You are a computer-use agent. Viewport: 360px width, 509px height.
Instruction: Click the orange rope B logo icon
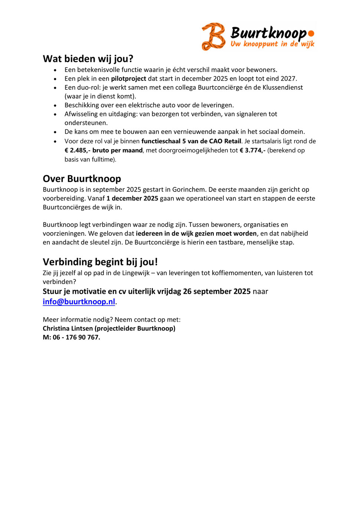click(x=213, y=36)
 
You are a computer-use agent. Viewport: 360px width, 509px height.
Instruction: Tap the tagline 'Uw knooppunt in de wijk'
click(x=272, y=44)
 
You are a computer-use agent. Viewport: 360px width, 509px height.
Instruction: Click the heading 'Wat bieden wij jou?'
click(x=88, y=59)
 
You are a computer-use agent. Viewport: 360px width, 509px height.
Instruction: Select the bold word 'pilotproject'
click(x=128, y=79)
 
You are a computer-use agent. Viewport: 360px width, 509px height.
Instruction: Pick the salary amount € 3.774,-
click(x=252, y=150)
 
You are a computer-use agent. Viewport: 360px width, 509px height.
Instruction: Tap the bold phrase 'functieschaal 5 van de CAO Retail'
click(x=191, y=141)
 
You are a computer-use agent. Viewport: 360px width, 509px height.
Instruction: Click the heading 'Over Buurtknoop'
click(x=82, y=179)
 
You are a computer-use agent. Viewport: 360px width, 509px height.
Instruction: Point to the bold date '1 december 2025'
click(x=132, y=198)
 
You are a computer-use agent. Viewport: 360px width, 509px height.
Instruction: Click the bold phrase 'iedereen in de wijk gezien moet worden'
click(x=196, y=233)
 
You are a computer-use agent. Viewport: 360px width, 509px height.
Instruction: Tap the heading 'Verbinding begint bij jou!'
click(x=100, y=262)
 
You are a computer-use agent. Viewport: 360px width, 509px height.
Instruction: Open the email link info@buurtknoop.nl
click(x=79, y=302)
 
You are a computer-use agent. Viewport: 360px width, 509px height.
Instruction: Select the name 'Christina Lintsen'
click(x=68, y=328)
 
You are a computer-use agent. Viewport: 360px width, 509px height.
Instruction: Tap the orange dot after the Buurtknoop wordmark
click(x=311, y=33)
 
